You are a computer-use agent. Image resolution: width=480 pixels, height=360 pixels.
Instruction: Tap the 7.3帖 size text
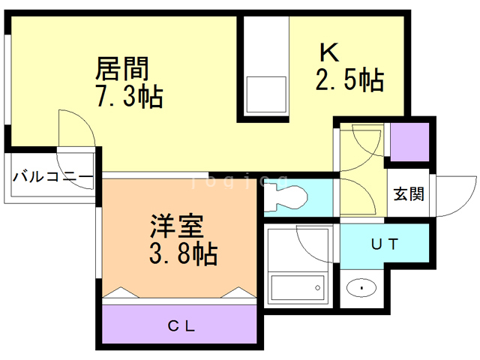[128, 97]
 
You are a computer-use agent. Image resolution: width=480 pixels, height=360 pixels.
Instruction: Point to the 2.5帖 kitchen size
[349, 79]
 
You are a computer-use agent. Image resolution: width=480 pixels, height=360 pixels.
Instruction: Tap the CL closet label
[181, 326]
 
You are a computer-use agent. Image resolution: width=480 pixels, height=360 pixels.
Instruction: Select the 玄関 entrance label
[409, 193]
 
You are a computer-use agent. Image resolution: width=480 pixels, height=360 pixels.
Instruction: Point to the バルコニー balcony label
[52, 178]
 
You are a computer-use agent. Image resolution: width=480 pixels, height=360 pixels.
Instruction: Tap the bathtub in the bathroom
[298, 287]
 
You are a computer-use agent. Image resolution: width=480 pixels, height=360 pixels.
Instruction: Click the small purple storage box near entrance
[409, 141]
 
